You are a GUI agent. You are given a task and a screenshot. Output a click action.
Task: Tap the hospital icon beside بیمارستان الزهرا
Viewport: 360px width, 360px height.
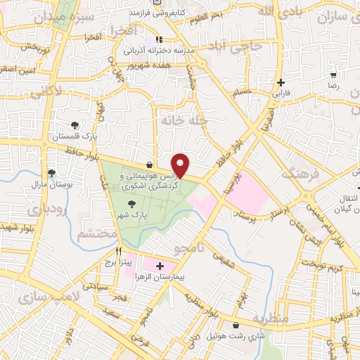[x=160, y=266]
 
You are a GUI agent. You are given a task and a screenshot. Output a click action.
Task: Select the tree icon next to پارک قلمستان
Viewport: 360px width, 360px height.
[x=75, y=124]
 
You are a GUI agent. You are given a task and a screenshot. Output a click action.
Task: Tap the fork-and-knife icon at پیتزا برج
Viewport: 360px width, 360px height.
[x=118, y=250]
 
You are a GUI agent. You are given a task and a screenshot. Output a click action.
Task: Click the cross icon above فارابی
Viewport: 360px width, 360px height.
[x=281, y=82]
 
